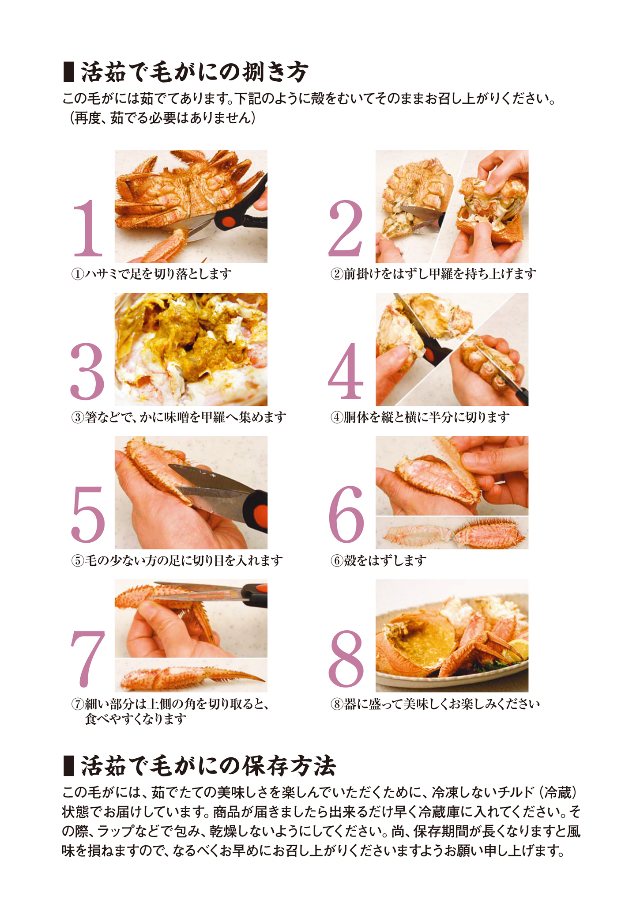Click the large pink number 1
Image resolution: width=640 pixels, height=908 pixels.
pyautogui.click(x=88, y=228)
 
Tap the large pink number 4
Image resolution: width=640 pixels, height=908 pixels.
pyautogui.click(x=346, y=371)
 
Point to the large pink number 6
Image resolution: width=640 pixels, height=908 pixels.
pyautogui.click(x=346, y=515)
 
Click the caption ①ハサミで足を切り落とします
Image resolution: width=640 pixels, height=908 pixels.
pyautogui.click(x=151, y=274)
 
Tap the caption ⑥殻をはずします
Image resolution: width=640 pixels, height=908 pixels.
pyautogui.click(x=379, y=560)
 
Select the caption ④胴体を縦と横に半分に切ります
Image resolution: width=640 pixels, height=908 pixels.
pyautogui.click(x=420, y=417)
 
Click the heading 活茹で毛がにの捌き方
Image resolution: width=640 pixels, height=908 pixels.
pyautogui.click(x=194, y=72)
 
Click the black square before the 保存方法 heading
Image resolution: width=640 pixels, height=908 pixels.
pyautogui.click(x=68, y=766)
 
